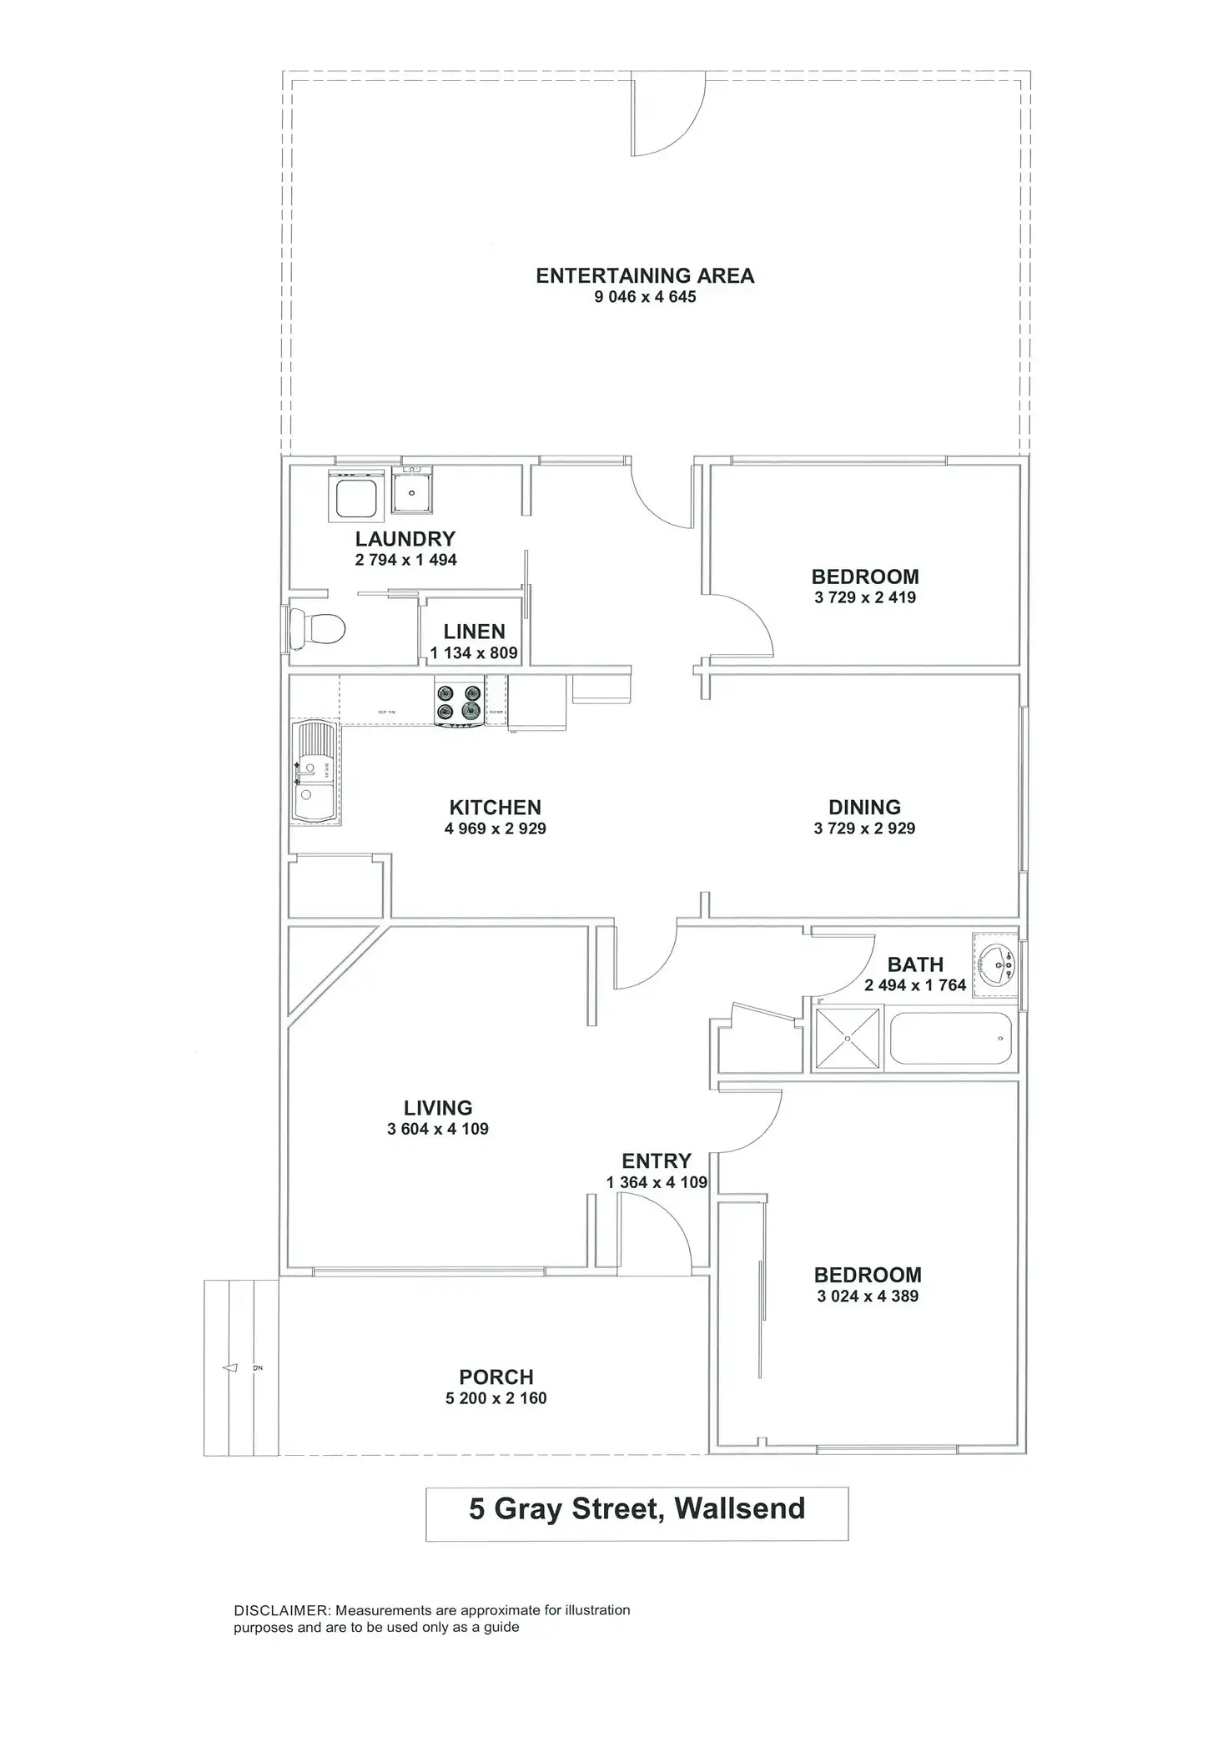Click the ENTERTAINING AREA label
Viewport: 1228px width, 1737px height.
click(644, 275)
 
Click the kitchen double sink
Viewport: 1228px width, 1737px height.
click(314, 773)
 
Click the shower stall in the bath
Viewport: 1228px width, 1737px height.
click(847, 1038)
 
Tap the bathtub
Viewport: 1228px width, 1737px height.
click(951, 1039)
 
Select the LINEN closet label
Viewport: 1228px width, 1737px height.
click(474, 632)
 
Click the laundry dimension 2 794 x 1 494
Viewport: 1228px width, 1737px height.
click(405, 560)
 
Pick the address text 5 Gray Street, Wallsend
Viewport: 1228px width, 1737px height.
click(637, 1508)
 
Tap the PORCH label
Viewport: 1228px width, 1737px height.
click(496, 1377)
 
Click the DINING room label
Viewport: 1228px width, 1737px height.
click(864, 807)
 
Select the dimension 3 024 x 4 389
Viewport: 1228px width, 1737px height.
click(868, 1296)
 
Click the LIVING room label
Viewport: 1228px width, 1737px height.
click(438, 1107)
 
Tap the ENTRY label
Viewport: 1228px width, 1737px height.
click(656, 1161)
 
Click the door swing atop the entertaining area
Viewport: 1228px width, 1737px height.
click(667, 117)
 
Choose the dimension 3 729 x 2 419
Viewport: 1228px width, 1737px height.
click(865, 597)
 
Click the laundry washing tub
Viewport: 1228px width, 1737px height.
click(358, 497)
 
